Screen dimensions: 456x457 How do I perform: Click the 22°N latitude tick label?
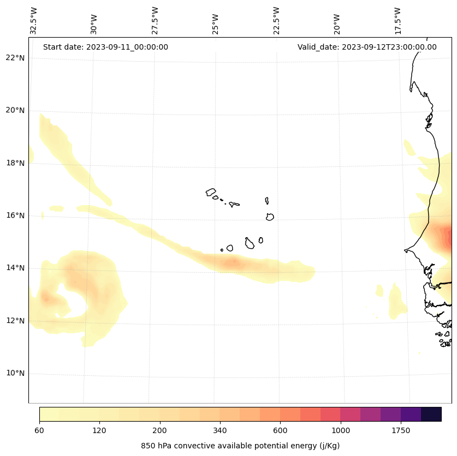tap(15, 58)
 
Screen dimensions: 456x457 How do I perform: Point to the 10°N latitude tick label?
tap(15, 374)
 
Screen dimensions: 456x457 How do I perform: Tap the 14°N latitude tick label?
tap(15, 268)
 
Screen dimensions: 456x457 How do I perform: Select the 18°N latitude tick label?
tap(15, 163)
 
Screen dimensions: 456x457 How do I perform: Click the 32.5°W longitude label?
tap(34, 21)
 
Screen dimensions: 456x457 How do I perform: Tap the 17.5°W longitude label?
tap(397, 21)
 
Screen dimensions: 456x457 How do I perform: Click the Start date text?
tap(105, 47)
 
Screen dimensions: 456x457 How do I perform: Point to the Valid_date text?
tap(367, 47)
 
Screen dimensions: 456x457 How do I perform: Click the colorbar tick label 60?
tap(39, 430)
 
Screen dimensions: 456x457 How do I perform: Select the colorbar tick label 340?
tap(220, 430)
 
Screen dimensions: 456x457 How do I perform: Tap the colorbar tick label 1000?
tap(341, 430)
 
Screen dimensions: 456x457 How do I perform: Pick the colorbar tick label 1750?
tap(401, 430)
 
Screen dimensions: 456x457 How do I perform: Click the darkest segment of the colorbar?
tap(431, 414)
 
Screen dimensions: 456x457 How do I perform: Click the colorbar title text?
tap(240, 446)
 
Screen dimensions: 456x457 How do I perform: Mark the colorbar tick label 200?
tap(160, 430)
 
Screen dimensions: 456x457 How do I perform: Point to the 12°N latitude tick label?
tap(15, 321)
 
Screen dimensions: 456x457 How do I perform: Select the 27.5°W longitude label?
tap(155, 21)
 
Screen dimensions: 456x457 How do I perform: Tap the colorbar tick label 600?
tap(280, 430)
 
